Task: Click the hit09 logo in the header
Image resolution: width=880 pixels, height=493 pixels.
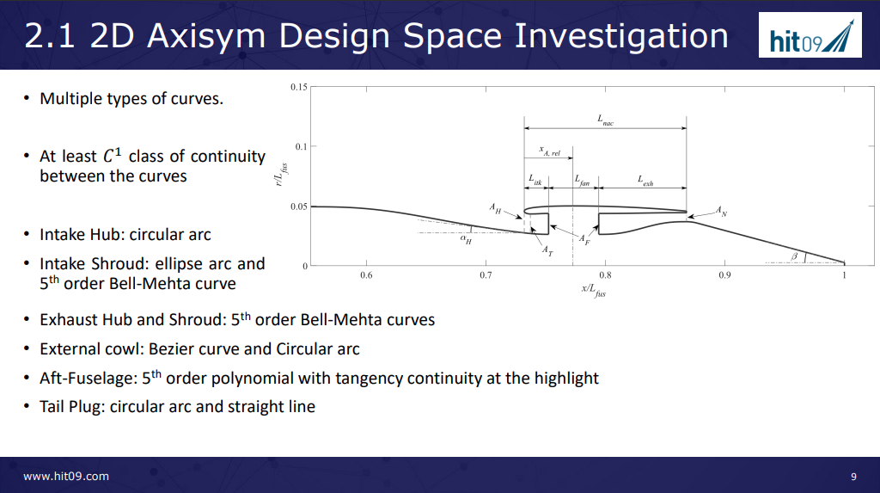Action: (810, 35)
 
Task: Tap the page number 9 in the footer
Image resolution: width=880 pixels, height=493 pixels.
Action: (853, 476)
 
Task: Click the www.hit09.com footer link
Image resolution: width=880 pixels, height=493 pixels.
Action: (66, 476)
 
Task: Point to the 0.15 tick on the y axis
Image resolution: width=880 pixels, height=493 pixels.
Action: (298, 87)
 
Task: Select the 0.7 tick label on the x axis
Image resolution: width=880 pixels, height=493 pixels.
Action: (486, 274)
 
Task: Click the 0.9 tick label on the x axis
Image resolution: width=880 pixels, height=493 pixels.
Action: (724, 274)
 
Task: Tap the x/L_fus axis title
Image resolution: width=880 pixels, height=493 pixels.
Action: (593, 290)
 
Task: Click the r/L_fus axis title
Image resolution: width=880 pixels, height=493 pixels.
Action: (282, 175)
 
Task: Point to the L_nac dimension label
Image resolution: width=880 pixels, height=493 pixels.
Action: (605, 120)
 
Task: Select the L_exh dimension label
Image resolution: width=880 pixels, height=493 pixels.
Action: (645, 180)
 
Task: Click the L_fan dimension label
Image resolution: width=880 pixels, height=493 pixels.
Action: (582, 180)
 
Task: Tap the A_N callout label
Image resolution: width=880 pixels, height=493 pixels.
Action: (721, 212)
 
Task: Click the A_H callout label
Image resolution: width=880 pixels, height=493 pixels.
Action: (494, 208)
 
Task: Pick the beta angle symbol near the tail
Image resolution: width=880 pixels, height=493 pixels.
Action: (794, 256)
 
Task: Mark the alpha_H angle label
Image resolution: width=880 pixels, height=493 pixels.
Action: (466, 239)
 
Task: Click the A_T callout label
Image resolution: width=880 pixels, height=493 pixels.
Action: (547, 250)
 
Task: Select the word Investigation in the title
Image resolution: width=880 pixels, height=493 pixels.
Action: (621, 36)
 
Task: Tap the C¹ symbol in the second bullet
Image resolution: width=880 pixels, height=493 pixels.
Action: (113, 155)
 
